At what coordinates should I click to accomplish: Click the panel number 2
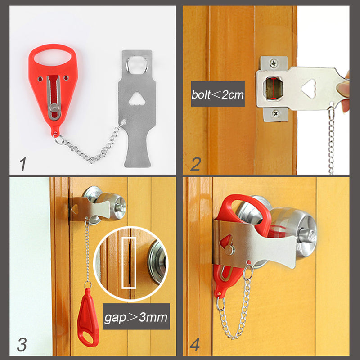[x=195, y=164]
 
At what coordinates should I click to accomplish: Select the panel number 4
[x=195, y=345]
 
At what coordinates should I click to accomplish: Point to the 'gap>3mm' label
[x=135, y=318]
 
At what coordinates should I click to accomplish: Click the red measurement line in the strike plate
[x=274, y=88]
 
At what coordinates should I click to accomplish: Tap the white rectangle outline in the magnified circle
[x=128, y=263]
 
